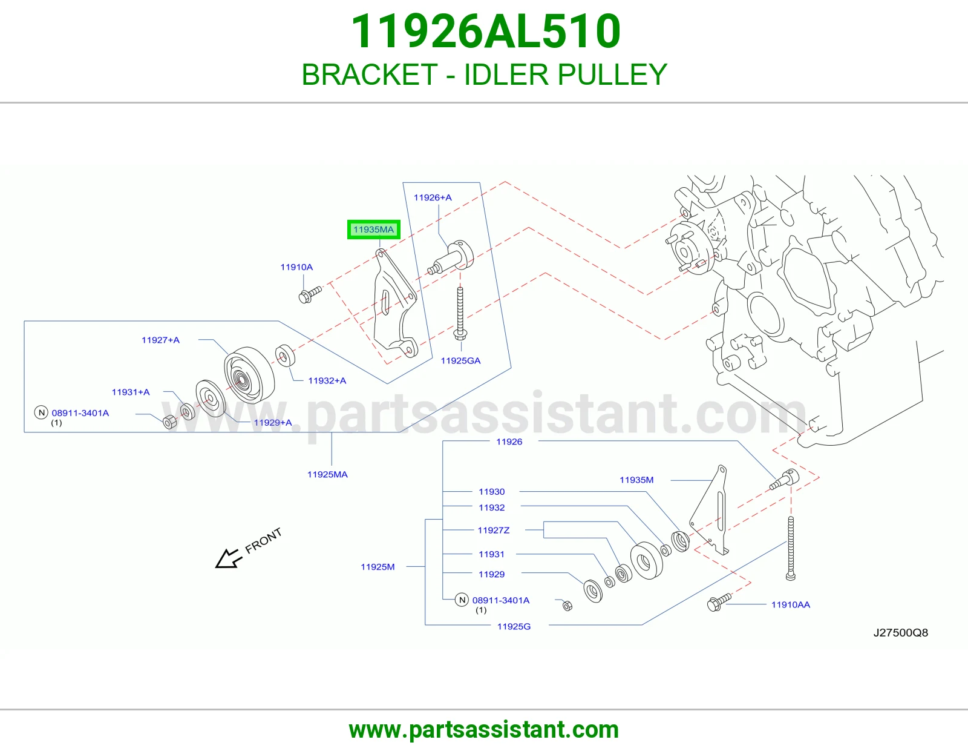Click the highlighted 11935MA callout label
coord(373,229)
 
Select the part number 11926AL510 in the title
coord(485,31)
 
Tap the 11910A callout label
coord(296,267)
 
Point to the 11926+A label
coord(433,197)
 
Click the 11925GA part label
coord(460,361)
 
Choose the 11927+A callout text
coord(160,340)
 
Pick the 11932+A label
coord(327,381)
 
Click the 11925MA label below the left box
coord(327,474)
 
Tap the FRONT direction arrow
coord(228,558)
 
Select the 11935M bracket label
coord(636,480)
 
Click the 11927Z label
coord(494,531)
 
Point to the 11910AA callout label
coord(791,604)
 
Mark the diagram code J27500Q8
coord(900,633)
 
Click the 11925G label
coord(514,627)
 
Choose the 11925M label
coord(378,567)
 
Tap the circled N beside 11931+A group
coord(41,412)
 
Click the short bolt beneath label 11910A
coord(310,295)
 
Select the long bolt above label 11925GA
coord(460,314)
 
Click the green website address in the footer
coord(484,730)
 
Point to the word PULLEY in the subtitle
coord(612,74)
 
